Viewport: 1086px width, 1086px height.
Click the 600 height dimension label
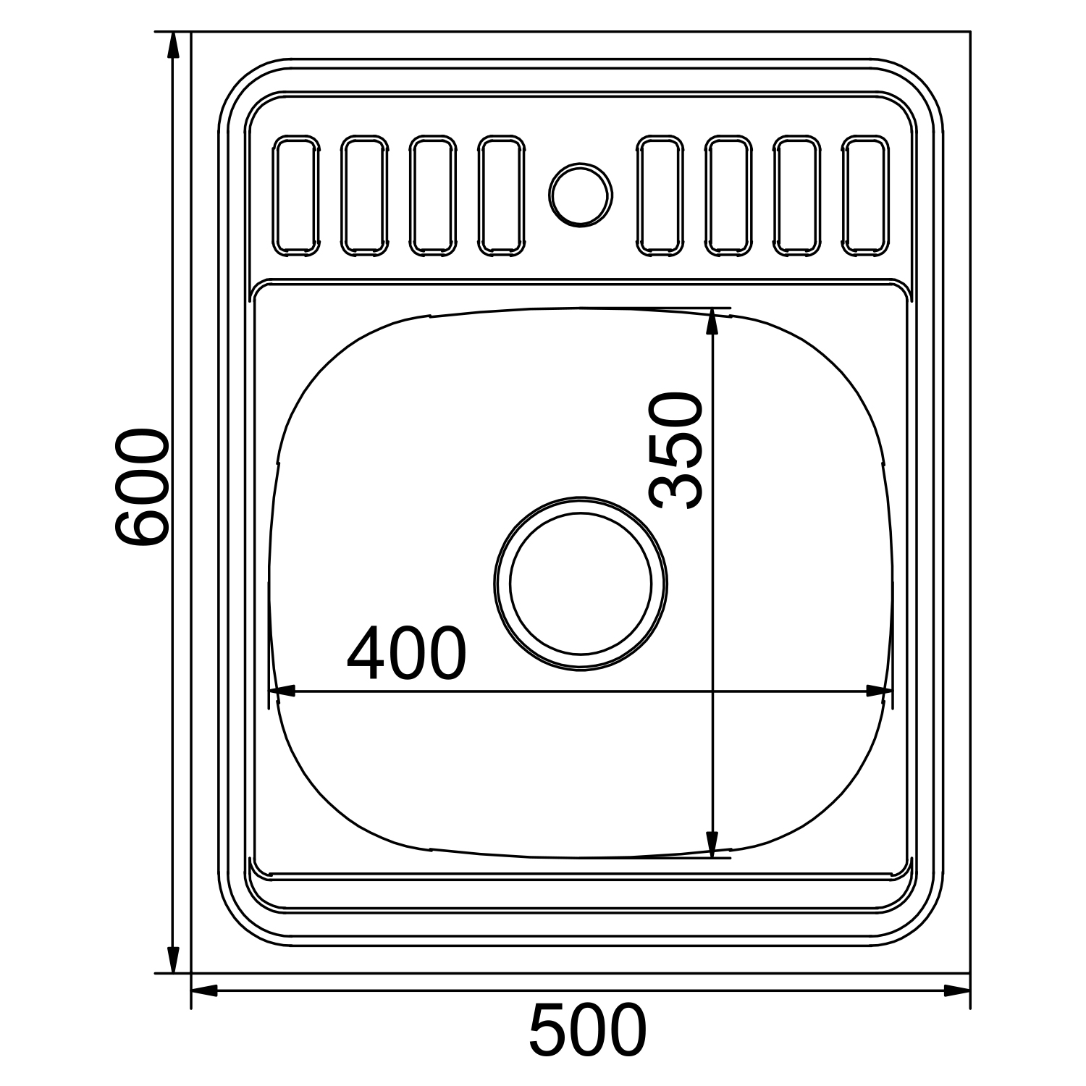(142, 487)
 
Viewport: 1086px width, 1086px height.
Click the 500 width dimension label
(587, 1031)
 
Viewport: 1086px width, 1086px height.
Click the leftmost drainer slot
(296, 195)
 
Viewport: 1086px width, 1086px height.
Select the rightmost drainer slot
(865, 195)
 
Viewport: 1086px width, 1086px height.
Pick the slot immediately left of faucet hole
(501, 195)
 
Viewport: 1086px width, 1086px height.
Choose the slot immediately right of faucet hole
(660, 195)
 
